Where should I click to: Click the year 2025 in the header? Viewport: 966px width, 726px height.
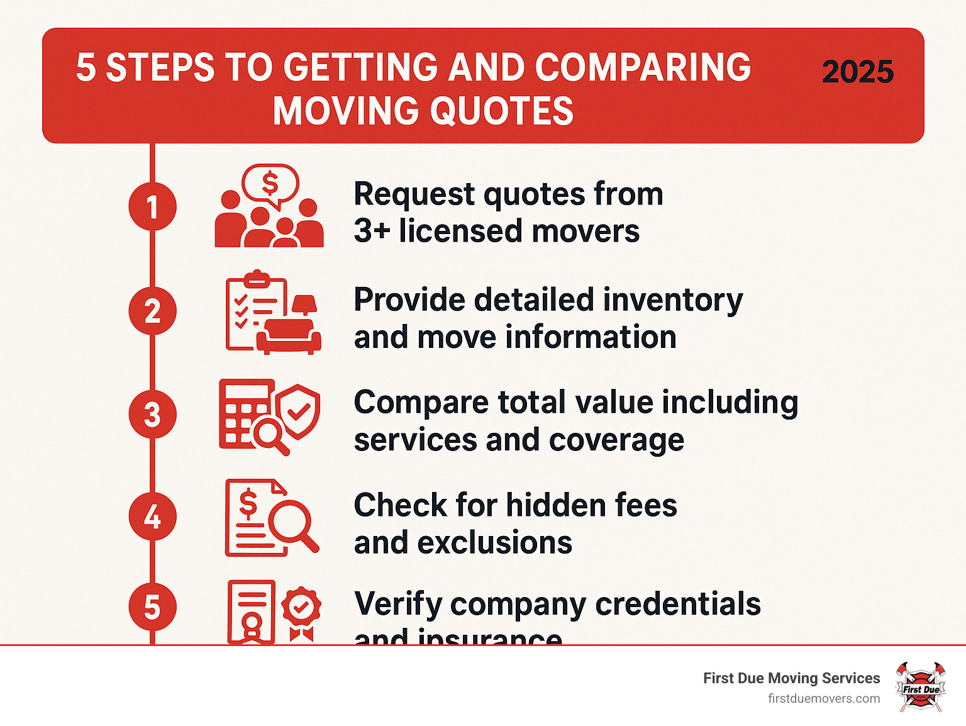(x=857, y=72)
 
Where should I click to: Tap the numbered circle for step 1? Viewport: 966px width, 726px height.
(x=152, y=206)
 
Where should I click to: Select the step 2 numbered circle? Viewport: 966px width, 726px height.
(x=152, y=311)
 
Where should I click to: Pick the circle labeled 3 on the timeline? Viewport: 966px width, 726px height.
(x=152, y=415)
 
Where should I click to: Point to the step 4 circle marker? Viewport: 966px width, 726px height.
(x=152, y=517)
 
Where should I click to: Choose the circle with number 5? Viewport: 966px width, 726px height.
(x=152, y=607)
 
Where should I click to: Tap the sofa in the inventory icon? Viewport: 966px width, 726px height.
(x=288, y=337)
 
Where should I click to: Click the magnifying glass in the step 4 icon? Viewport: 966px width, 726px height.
(x=292, y=521)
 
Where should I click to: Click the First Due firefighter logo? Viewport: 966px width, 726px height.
(x=921, y=687)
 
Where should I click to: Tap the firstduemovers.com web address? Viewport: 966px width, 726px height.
(x=824, y=698)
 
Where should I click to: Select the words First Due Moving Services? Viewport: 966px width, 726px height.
(x=791, y=678)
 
